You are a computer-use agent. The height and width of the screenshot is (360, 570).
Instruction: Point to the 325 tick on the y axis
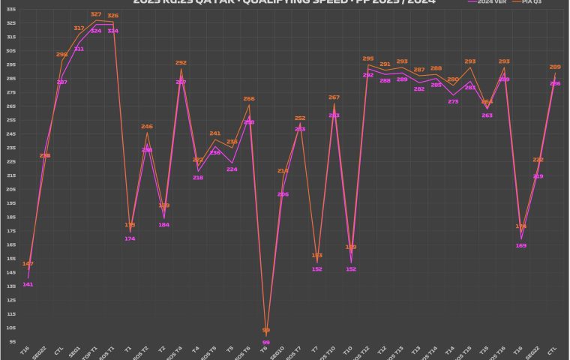click(x=11, y=22)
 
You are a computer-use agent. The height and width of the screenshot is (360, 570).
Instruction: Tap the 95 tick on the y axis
click(x=12, y=341)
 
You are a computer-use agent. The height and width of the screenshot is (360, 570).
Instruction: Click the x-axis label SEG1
click(x=75, y=351)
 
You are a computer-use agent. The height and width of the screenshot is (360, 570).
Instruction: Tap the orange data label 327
click(x=96, y=14)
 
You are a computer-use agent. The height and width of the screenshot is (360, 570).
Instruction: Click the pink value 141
click(x=28, y=284)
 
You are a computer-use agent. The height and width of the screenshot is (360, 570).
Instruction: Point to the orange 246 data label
click(x=147, y=127)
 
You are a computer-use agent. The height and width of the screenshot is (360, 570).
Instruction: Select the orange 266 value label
click(x=249, y=98)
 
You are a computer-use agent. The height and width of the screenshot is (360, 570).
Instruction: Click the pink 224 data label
click(x=232, y=169)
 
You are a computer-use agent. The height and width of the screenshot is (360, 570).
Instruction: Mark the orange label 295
click(x=368, y=58)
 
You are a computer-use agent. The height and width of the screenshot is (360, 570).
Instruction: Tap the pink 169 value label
click(x=521, y=245)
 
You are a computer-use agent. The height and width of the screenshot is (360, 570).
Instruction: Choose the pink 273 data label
click(x=453, y=101)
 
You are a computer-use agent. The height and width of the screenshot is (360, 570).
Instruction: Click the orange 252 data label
click(x=300, y=118)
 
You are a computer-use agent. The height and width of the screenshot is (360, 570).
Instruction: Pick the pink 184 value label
click(x=163, y=224)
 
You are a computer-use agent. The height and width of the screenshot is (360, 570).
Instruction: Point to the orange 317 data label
click(x=79, y=28)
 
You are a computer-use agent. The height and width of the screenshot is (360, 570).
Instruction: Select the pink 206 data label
click(x=283, y=194)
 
